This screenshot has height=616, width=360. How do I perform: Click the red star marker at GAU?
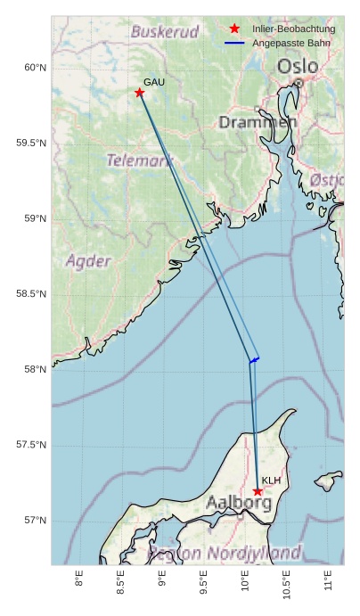click(x=140, y=93)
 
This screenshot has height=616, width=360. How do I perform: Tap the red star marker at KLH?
click(x=258, y=491)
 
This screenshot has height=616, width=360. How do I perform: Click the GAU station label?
click(x=154, y=82)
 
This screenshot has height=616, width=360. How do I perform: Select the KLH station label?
click(x=271, y=480)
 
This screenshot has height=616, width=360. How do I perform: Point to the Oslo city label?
click(x=297, y=67)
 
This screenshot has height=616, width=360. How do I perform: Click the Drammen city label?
click(x=258, y=121)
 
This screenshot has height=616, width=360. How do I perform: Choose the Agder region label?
click(x=88, y=261)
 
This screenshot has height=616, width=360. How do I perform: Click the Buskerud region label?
click(x=165, y=32)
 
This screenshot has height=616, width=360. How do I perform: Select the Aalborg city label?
click(x=239, y=503)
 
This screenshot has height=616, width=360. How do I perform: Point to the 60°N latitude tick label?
click(x=35, y=68)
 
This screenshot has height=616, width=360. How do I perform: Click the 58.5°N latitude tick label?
click(x=31, y=294)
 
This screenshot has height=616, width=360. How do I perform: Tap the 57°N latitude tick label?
click(x=35, y=521)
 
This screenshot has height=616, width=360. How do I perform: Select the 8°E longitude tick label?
click(x=79, y=580)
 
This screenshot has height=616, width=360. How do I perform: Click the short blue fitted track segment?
click(x=255, y=359)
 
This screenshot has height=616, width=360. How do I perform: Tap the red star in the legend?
click(x=234, y=29)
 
